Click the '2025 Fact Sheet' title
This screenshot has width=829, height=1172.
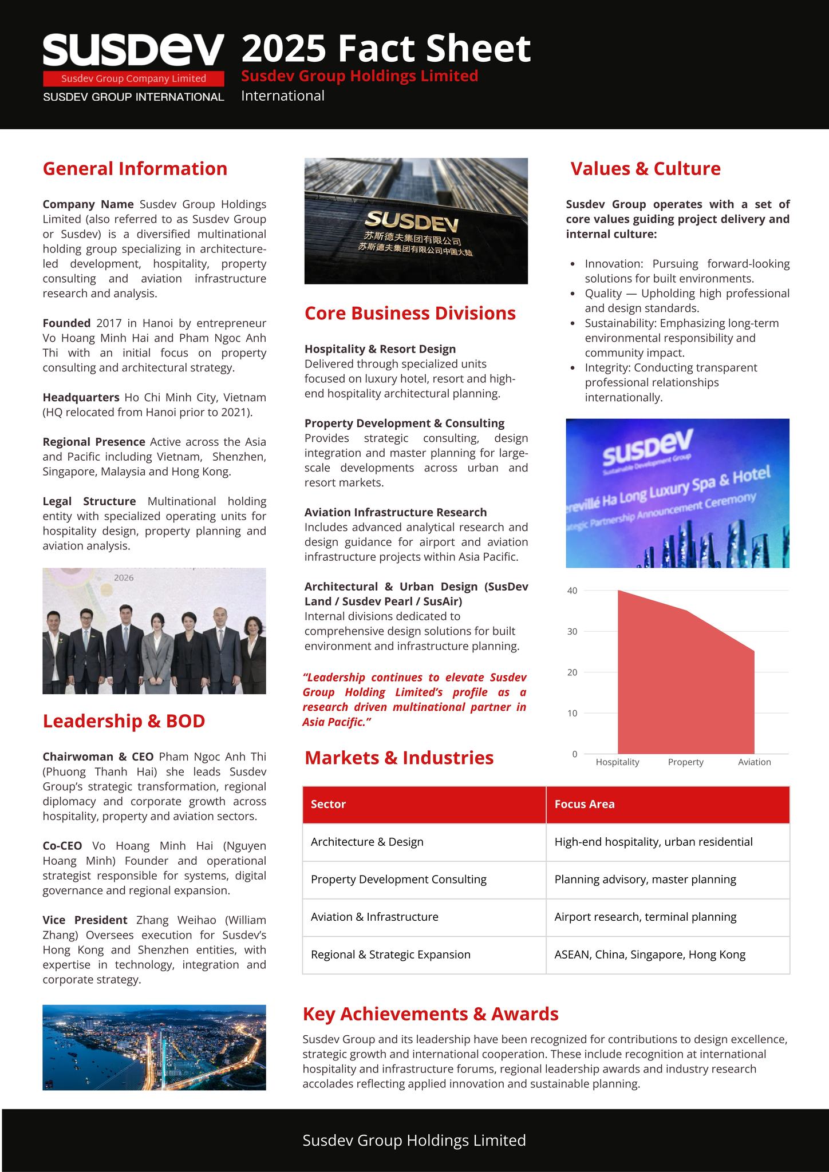(386, 49)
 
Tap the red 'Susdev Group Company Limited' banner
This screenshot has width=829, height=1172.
(133, 79)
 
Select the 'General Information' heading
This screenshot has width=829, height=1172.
(135, 169)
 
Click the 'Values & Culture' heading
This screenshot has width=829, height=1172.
(645, 169)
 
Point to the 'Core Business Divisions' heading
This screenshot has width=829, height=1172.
(410, 314)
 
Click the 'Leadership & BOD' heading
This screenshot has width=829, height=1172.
(124, 721)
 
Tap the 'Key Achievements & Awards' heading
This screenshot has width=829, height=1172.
(431, 1014)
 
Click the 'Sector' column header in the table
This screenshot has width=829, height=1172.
(328, 804)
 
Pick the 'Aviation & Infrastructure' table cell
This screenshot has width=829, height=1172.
(374, 917)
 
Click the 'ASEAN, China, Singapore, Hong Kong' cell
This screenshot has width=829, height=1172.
(650, 955)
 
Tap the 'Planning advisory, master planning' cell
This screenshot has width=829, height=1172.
(645, 879)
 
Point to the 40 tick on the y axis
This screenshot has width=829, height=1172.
(573, 591)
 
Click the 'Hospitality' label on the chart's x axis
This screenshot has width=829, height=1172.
(617, 762)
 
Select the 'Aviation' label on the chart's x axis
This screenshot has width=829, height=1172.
(754, 762)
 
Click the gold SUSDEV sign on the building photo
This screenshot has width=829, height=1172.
(412, 220)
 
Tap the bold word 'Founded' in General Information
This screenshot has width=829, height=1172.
(66, 323)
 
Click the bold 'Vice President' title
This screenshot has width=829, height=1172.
(85, 920)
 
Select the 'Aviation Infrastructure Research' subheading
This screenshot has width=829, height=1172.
(396, 512)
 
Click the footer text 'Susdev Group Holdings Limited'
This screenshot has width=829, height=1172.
(414, 1141)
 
